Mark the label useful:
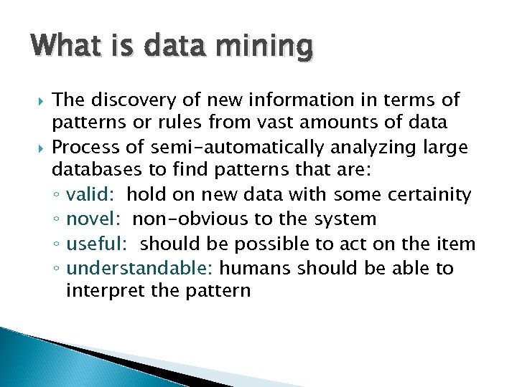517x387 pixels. pos(97,244)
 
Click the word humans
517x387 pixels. pos(256,268)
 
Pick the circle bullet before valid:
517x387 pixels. pos(58,196)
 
